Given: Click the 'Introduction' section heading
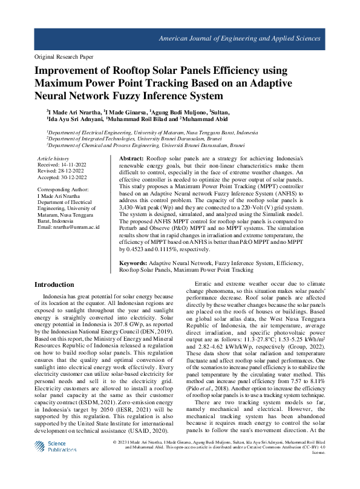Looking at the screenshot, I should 54,284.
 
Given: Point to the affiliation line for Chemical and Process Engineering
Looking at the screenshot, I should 146,145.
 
